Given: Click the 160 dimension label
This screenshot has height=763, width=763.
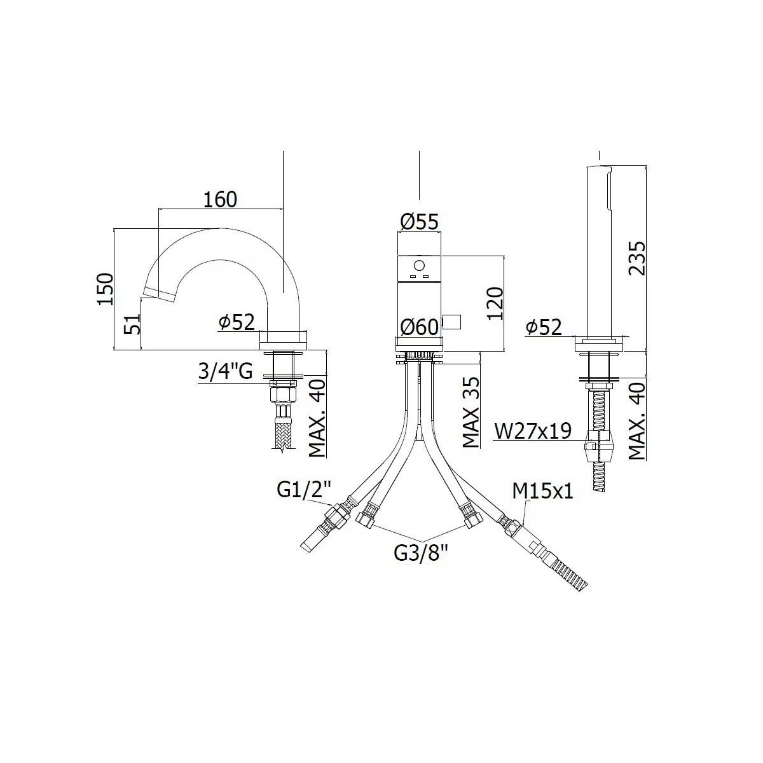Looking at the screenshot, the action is coord(220,200).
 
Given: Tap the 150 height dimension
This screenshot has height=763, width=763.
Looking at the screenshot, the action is coord(106,289).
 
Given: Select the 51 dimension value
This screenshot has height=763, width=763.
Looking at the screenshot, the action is coord(132,324).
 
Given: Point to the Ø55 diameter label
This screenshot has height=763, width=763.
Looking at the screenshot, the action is coord(419,222).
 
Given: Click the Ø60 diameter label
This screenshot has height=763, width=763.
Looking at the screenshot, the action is coord(419,327).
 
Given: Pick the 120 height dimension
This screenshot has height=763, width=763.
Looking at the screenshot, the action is coord(495,304).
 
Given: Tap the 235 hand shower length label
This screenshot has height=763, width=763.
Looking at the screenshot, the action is coord(637,258).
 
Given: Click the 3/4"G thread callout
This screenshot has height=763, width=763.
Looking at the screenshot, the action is coord(225,372).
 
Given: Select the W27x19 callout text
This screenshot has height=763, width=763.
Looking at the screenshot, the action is coord(533,431).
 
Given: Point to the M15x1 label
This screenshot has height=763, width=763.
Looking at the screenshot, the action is coord(543,491).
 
